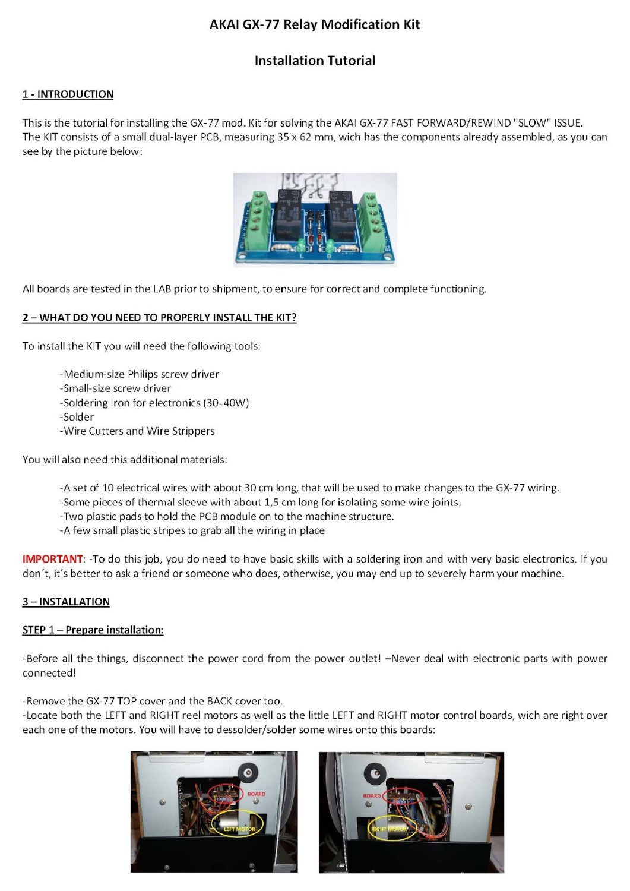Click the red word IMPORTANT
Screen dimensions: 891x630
[x=53, y=559]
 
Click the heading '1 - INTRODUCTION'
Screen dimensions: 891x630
[x=68, y=94]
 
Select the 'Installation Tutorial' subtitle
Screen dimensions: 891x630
[x=315, y=61]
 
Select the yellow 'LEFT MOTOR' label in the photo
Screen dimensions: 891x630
[x=239, y=829]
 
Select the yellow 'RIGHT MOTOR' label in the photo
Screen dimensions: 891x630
[x=389, y=828]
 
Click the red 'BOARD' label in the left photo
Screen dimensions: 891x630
[x=257, y=794]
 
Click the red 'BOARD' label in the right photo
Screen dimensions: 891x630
[x=372, y=795]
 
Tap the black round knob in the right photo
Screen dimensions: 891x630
[x=376, y=772]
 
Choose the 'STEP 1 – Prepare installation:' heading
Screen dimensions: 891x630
[x=93, y=630]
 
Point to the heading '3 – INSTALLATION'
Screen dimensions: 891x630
[x=66, y=602]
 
